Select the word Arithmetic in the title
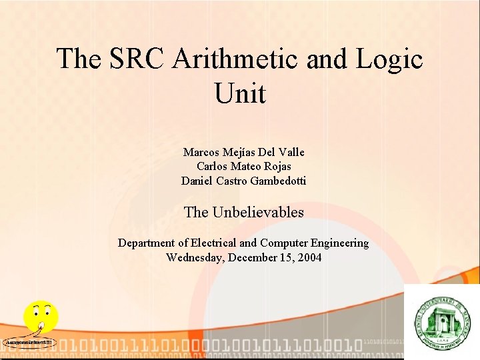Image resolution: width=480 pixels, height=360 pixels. click(236, 59)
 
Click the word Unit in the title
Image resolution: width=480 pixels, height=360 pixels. click(240, 93)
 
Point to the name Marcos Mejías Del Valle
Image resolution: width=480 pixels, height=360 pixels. click(243, 152)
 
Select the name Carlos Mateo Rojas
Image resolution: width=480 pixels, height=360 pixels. click(243, 166)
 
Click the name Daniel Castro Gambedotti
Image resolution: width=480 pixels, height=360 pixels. click(243, 180)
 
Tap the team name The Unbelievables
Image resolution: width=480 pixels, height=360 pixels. click(243, 212)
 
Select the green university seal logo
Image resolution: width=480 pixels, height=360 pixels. click(441, 322)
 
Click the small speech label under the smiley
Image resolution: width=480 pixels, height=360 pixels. click(29, 343)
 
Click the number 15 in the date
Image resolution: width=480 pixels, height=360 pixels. click(284, 257)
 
